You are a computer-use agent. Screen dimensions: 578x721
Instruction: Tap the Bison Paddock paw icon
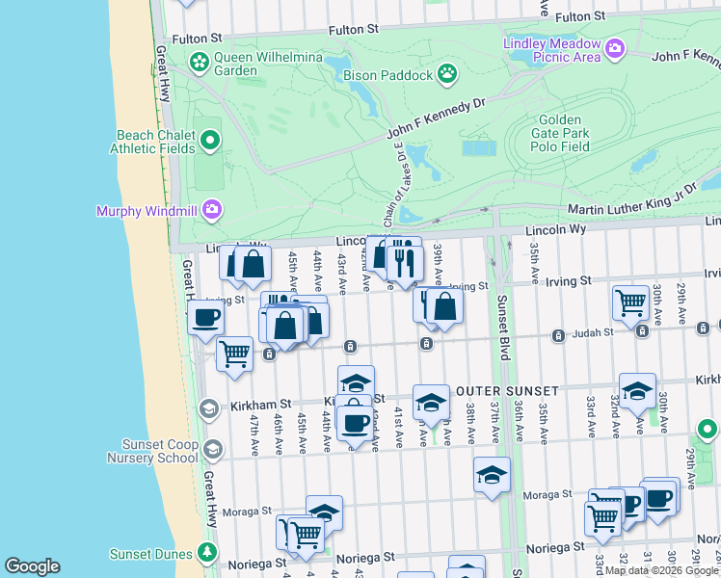click(447, 72)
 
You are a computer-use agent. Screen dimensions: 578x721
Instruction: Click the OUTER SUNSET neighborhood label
click(507, 390)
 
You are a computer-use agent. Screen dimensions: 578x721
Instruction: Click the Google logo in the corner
click(32, 566)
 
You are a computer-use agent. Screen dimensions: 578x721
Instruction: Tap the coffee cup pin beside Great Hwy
click(206, 318)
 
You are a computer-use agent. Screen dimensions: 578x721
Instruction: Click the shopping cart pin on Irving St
click(630, 302)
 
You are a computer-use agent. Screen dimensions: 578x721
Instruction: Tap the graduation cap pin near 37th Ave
click(492, 474)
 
